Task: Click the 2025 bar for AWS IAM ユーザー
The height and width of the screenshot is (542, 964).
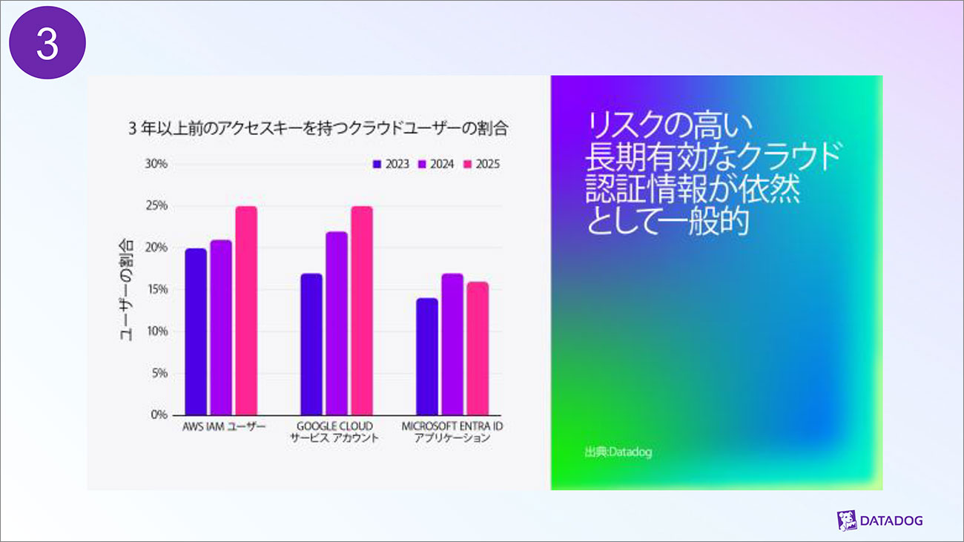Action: point(246,311)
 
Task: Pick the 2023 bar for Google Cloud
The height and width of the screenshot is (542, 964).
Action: point(311,344)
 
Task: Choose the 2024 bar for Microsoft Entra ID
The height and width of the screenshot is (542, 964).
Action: point(452,344)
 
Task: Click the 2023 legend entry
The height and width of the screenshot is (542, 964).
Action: point(391,164)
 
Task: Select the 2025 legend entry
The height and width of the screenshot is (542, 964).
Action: point(481,164)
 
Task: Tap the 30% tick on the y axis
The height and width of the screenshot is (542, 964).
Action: point(156,164)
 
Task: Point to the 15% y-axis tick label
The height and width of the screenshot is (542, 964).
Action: point(156,289)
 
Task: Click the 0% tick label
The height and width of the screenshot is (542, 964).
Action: point(159,414)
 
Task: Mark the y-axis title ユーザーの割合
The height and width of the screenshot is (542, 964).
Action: point(127,289)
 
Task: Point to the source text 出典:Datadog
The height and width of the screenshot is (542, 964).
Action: point(618,452)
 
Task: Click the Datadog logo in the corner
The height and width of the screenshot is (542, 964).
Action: point(879,520)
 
